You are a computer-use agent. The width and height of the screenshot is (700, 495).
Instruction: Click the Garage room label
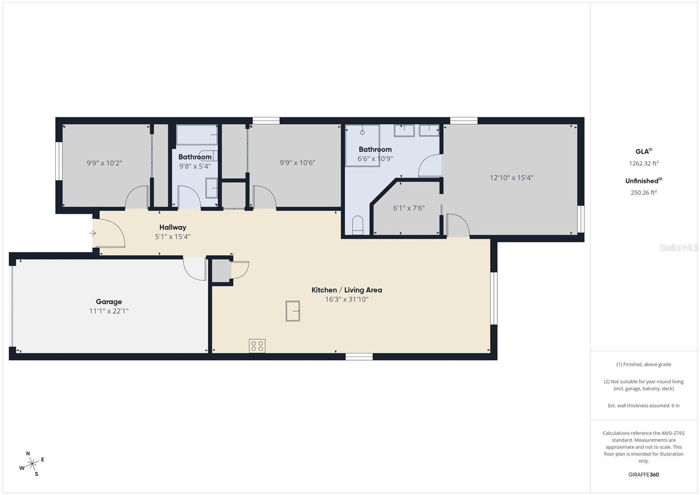tap(109, 302)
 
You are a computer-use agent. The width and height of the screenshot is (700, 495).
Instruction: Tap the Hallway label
tap(172, 227)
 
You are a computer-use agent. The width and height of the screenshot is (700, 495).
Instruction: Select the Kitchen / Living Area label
tap(346, 290)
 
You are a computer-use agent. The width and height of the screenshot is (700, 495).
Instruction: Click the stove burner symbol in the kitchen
tap(257, 346)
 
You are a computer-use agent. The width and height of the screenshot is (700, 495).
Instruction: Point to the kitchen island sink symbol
tap(293, 311)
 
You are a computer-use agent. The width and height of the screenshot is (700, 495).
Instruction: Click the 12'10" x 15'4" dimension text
tap(511, 178)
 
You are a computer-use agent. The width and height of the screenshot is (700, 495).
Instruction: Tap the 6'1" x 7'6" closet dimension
tap(409, 208)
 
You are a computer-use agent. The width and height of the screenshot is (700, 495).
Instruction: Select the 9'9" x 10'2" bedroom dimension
tap(104, 163)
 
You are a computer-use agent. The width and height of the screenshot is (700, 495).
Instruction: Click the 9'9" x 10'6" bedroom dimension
tap(297, 162)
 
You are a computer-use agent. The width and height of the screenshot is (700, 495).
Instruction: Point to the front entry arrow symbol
tap(93, 233)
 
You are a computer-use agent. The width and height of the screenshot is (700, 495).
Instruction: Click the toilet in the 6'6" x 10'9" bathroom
tap(358, 225)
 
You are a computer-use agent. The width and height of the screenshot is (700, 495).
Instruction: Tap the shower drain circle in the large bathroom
tap(362, 132)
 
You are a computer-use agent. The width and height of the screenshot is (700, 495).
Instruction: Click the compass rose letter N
tap(28, 453)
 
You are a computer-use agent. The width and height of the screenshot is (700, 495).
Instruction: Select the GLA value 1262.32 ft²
tap(644, 163)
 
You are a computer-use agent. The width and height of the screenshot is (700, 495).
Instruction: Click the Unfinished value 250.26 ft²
tap(644, 192)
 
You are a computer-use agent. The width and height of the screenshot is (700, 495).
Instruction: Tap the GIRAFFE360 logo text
tap(644, 474)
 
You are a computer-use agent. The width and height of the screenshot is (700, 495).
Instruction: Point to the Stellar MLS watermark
tap(678, 248)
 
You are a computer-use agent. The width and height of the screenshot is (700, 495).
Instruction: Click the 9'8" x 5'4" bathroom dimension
tap(195, 166)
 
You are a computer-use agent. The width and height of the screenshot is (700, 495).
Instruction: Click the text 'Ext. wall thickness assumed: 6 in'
tap(644, 405)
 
